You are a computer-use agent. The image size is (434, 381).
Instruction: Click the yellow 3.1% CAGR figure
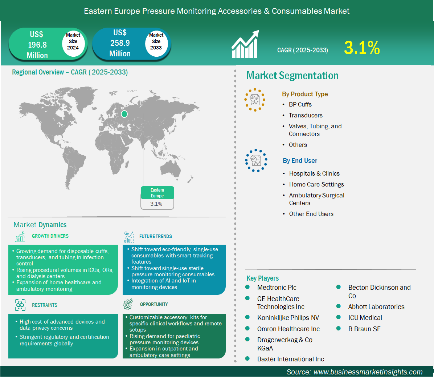(362, 48)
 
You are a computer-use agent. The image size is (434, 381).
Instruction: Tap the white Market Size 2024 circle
(73, 42)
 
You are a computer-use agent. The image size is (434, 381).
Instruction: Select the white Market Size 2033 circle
(156, 42)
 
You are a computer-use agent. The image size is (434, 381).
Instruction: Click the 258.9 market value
(120, 43)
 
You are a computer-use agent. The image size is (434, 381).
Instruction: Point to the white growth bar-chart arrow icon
(245, 44)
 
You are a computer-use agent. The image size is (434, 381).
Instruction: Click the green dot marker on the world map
(124, 114)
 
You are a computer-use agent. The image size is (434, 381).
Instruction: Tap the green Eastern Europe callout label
(157, 193)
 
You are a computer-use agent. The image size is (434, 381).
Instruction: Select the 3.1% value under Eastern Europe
(156, 204)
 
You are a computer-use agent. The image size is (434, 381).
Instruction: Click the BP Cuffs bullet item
(300, 105)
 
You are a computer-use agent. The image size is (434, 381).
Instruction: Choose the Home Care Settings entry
(316, 184)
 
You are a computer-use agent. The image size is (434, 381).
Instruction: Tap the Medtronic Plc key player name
(277, 288)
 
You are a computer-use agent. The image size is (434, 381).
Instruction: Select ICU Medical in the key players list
(365, 318)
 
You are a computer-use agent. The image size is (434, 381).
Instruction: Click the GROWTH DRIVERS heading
(50, 236)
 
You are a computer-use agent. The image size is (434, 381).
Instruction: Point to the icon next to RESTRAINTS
(20, 305)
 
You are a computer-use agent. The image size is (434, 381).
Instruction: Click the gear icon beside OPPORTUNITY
(128, 304)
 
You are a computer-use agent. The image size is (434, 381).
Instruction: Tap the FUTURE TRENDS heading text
(156, 237)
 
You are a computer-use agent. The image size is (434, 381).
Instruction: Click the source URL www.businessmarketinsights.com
(368, 372)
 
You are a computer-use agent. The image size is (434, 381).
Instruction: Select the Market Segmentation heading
(292, 76)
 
